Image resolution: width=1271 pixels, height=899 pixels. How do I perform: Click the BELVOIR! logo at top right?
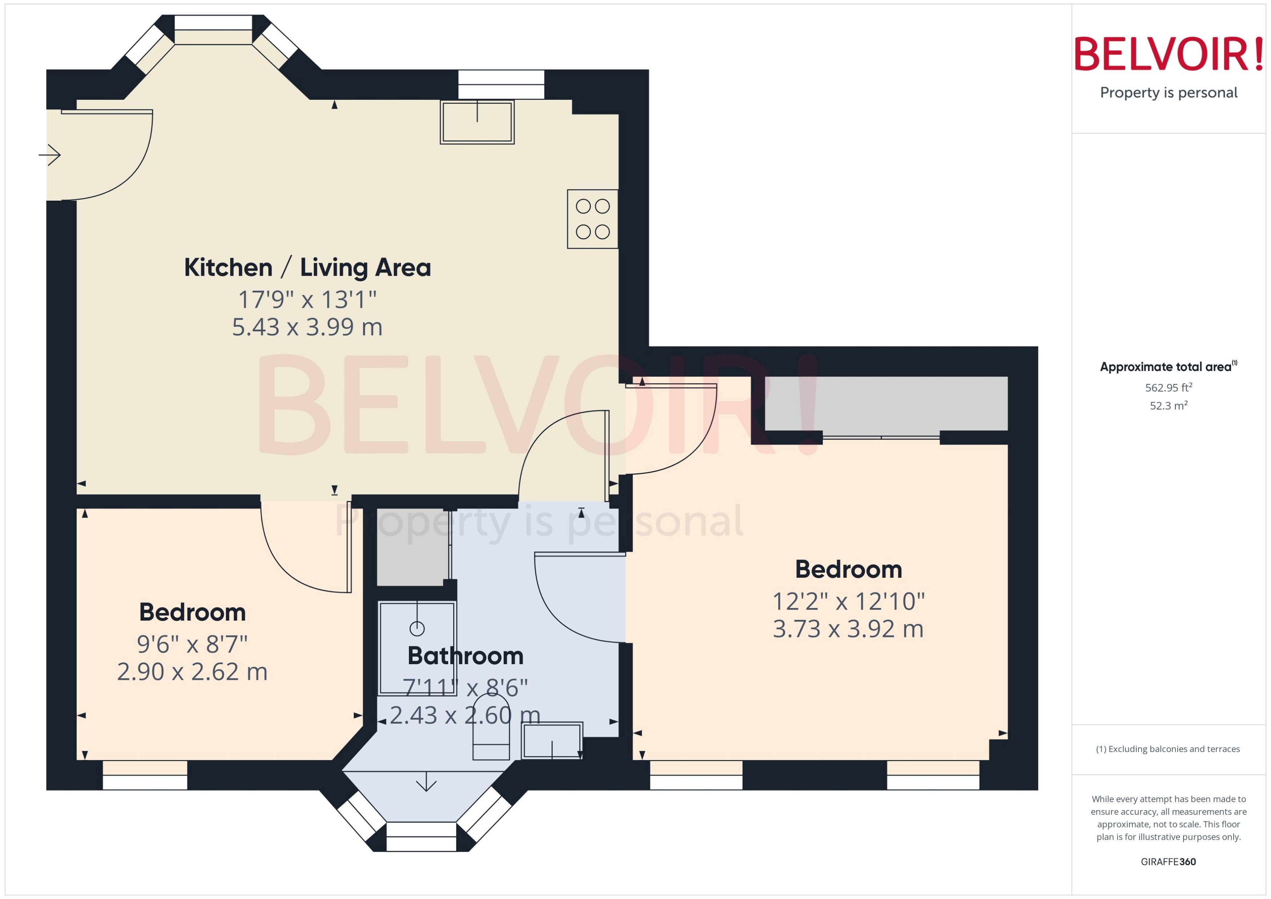click(1169, 54)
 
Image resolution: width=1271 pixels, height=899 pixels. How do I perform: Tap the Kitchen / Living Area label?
click(307, 267)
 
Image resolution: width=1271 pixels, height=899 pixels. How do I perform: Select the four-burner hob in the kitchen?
click(592, 218)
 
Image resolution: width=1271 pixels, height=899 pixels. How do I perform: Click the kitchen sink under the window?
click(477, 122)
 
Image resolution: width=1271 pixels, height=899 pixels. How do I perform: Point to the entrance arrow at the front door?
click(50, 155)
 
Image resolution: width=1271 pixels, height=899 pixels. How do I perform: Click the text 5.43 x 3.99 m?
click(307, 327)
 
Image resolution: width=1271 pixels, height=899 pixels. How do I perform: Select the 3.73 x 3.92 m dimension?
click(848, 629)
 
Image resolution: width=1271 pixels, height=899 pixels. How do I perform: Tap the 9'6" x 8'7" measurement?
click(192, 644)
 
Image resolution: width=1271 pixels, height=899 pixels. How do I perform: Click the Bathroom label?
click(465, 656)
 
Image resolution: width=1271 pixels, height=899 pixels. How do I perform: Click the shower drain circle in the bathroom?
click(417, 628)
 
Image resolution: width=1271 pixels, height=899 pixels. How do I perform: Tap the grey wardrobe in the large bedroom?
click(886, 403)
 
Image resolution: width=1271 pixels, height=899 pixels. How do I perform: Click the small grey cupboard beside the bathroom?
click(413, 547)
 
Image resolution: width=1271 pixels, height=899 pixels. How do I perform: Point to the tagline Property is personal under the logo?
click(1169, 93)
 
